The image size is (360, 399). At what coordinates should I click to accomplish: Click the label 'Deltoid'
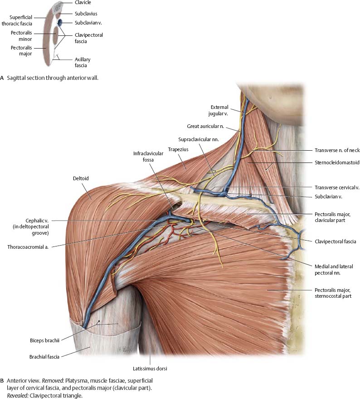pos(80,178)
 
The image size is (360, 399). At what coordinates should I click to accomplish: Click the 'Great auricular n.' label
pos(204,126)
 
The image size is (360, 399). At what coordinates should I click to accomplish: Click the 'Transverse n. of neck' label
pos(336,150)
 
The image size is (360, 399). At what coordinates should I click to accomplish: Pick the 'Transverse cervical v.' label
pos(336,187)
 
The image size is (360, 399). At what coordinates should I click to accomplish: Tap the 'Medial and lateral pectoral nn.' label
pos(333,269)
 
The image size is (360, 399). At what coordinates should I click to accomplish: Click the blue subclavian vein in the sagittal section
pos(59,22)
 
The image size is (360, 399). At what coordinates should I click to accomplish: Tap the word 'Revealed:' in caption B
pos(17,395)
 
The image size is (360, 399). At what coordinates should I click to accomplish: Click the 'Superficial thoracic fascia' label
pos(19,20)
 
